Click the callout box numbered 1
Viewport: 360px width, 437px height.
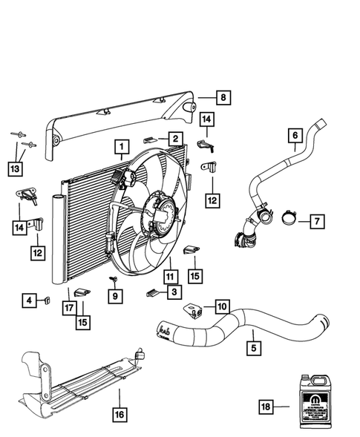119,148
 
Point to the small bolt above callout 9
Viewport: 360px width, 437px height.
113,279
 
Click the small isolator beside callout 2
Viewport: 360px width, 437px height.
151,139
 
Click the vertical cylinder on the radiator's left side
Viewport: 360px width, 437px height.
58,237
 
